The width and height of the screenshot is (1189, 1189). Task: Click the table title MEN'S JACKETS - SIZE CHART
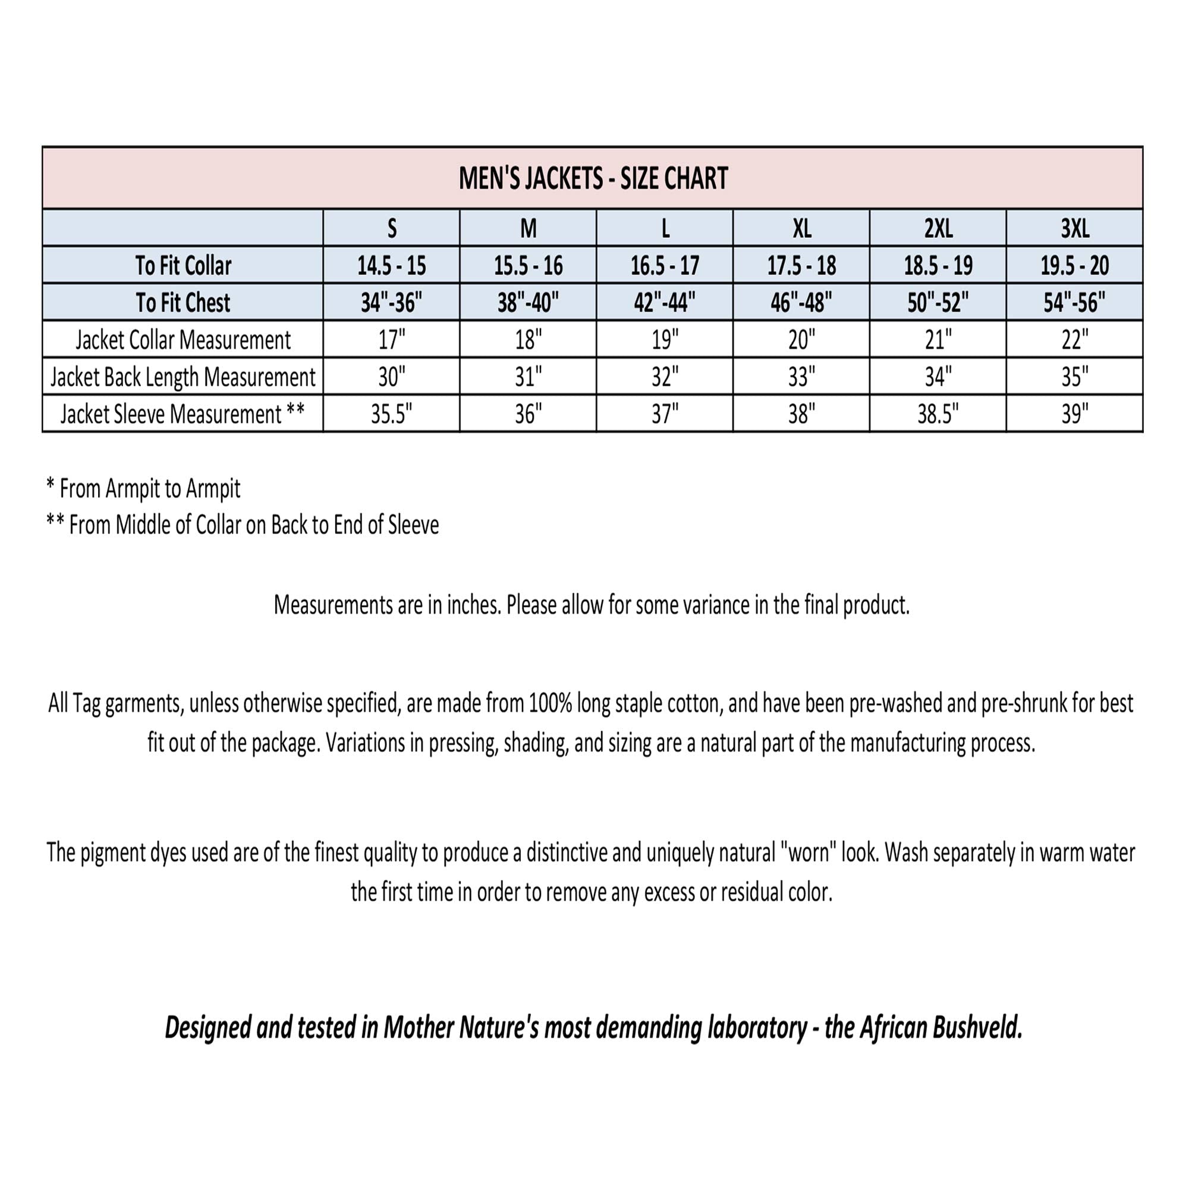click(593, 178)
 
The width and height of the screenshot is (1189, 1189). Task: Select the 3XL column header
click(1074, 229)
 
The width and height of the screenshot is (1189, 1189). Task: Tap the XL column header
click(801, 229)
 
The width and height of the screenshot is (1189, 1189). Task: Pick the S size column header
click(391, 229)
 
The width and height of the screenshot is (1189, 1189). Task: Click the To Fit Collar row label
click(183, 266)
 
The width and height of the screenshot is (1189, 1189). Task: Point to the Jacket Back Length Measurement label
click(183, 378)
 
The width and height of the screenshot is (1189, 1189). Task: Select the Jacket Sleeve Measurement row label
click(183, 414)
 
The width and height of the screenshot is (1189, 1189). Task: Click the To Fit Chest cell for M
click(528, 303)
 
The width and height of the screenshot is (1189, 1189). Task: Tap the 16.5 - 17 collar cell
click(665, 266)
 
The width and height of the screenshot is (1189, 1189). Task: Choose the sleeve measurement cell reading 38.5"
click(938, 414)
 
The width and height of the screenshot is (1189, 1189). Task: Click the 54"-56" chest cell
click(1074, 303)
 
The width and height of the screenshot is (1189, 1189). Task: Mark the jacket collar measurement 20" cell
click(801, 339)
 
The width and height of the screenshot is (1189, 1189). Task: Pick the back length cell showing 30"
click(391, 378)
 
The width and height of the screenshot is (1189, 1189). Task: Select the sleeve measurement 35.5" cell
click(391, 414)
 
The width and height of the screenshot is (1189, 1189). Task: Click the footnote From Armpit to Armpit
click(149, 489)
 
